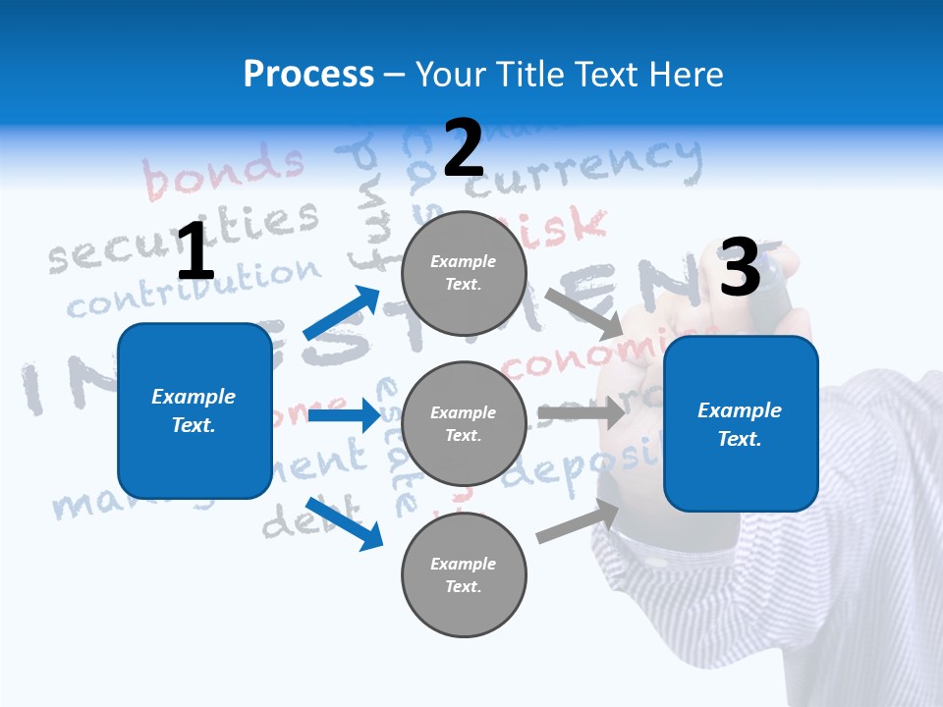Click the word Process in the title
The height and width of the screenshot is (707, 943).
pos(308,75)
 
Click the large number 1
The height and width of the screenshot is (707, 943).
pos(195,252)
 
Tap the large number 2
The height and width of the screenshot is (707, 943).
pos(464,148)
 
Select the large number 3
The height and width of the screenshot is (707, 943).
pos(740,268)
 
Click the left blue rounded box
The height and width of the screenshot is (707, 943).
pos(194,410)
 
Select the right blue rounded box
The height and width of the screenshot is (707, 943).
pos(741,423)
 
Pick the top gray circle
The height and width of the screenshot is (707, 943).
pos(464,273)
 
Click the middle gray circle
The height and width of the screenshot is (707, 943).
pos(464,424)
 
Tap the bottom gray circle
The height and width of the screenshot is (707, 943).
pos(464,574)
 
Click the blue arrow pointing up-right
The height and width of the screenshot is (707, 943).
pos(342,313)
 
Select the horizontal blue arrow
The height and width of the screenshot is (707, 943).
pos(344,415)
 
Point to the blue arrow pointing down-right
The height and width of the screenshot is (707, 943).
pos(344,523)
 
